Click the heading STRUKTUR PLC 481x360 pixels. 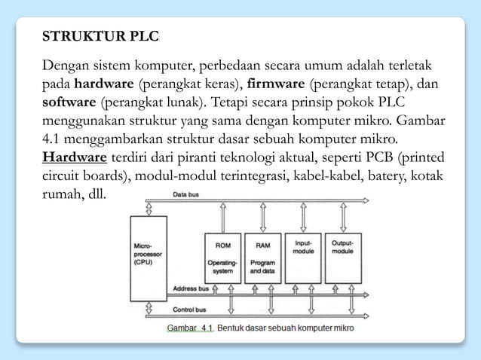pyautogui.click(x=100, y=36)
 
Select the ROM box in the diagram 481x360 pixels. pyautogui.click(x=223, y=256)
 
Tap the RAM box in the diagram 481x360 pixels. pyautogui.click(x=263, y=256)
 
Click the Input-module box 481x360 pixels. pyautogui.click(x=303, y=256)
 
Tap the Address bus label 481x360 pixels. pyautogui.click(x=191, y=288)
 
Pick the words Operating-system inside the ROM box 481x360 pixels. pyautogui.click(x=223, y=267)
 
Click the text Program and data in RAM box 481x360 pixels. pyautogui.click(x=263, y=267)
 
